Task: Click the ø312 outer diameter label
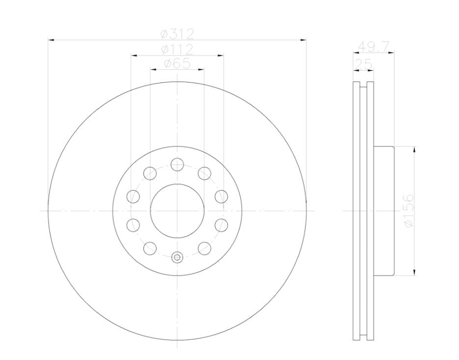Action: point(177,34)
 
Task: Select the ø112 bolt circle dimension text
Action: point(177,49)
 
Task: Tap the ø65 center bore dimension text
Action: point(177,63)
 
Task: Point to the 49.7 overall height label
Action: point(374,47)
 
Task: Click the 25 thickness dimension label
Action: point(364,64)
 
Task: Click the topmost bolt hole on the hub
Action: point(177,164)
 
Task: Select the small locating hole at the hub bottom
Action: point(177,256)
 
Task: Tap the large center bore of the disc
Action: point(177,210)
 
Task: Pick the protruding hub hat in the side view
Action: point(384,210)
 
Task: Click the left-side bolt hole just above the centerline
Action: point(133,196)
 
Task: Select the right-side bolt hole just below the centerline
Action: point(222,224)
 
